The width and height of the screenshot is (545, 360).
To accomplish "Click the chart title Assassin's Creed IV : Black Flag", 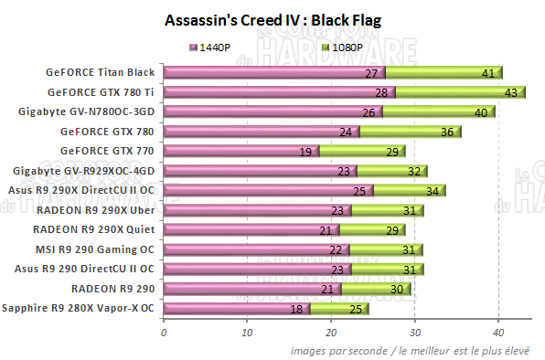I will tap(272, 19).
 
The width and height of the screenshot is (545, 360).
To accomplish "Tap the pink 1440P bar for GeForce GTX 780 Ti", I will tap(274, 92).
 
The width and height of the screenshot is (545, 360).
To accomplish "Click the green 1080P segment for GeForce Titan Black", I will tap(439, 73).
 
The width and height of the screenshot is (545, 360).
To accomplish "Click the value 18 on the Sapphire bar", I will tap(296, 309).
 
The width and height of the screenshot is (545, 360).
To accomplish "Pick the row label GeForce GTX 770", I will tap(106, 151).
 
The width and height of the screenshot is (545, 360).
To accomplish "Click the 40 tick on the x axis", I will tap(499, 333).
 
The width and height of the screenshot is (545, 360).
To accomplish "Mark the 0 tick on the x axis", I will tap(164, 333).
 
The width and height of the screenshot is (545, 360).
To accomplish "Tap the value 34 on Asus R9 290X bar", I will tap(432, 190).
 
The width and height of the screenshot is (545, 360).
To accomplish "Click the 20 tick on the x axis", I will tap(332, 333).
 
